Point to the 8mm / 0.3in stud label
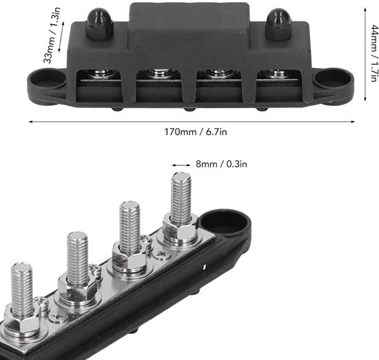[220, 165]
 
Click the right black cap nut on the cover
[278, 25]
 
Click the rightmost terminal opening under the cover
[276, 74]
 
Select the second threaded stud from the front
[77, 258]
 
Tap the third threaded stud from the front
[129, 227]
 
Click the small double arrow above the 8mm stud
[181, 165]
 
